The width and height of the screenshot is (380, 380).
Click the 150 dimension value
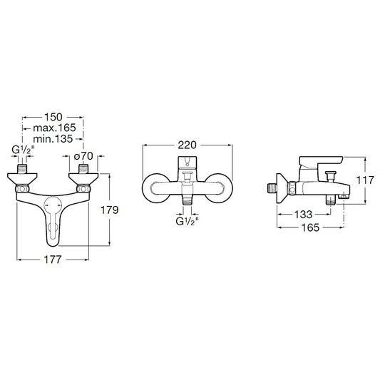tap(53, 117)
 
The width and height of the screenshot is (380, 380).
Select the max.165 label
tap(54, 128)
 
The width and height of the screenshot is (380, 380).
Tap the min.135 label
tap(53, 139)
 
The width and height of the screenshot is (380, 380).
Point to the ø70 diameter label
tap(83, 156)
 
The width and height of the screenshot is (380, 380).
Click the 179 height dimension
tap(110, 210)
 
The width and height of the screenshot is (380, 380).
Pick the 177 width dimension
tap(53, 260)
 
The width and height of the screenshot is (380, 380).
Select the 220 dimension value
tap(187, 145)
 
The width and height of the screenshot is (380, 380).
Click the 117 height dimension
tap(365, 180)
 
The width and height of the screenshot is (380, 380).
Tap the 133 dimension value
tap(304, 214)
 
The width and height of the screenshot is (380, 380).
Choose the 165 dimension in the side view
tap(310, 227)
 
